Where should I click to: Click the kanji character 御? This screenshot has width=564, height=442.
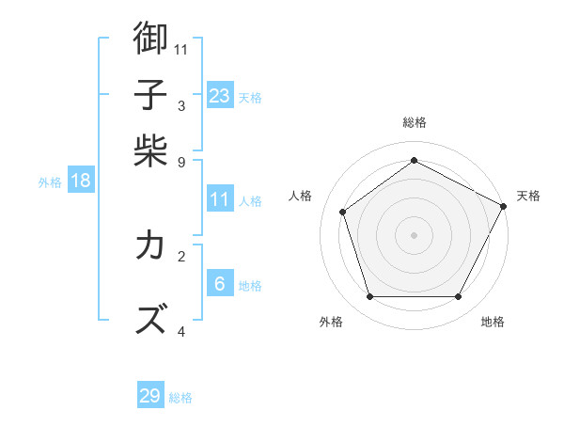click(150, 39)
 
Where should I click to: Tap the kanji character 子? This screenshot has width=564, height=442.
click(150, 95)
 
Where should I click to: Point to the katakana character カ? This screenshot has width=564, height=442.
click(150, 245)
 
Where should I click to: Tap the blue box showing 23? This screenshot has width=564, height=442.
click(219, 96)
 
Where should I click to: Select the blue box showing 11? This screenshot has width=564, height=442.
click(219, 199)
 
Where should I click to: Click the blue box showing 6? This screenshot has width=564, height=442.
click(219, 284)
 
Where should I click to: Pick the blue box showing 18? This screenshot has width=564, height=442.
click(81, 182)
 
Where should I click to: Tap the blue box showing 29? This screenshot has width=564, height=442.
click(150, 396)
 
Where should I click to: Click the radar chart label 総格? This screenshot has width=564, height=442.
click(415, 122)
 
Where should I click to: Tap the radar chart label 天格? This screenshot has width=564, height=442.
click(528, 196)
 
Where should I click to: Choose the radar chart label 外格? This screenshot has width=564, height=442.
click(330, 323)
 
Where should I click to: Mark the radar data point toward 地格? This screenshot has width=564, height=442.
click(459, 297)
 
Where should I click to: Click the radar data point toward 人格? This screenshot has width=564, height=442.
click(343, 212)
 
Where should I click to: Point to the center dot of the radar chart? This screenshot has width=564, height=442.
click(415, 234)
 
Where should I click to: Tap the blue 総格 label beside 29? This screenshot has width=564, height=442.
click(180, 398)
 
